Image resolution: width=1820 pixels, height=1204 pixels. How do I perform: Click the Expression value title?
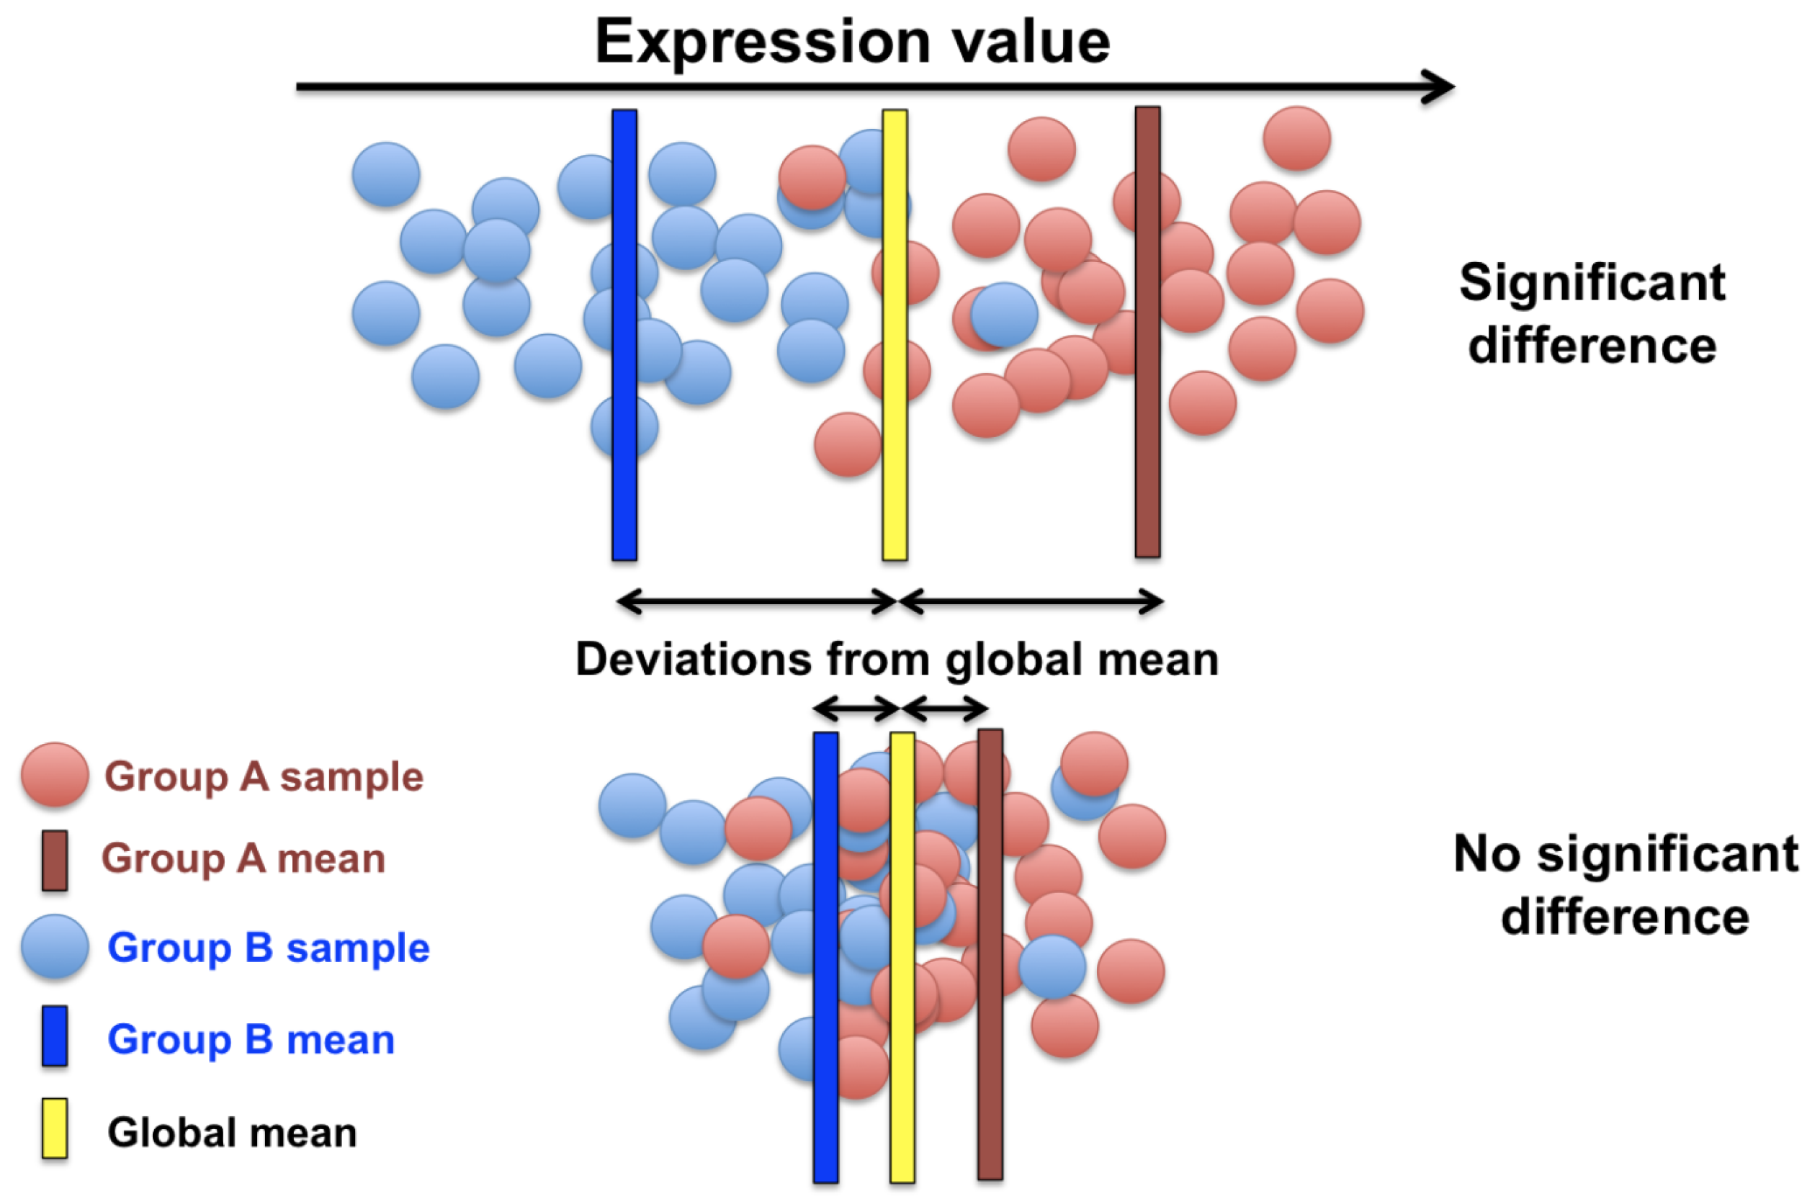pyautogui.click(x=853, y=42)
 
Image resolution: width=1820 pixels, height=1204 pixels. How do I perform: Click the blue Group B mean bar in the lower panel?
pyautogui.click(x=825, y=1136)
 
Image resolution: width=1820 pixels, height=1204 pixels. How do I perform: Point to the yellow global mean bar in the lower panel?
pyautogui.click(x=902, y=1136)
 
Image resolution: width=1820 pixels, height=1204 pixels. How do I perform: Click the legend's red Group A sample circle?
pyautogui.click(x=55, y=775)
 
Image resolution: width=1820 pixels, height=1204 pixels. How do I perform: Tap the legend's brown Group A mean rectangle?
pyautogui.click(x=55, y=860)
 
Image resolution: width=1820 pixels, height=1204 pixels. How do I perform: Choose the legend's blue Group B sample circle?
pyautogui.click(x=55, y=946)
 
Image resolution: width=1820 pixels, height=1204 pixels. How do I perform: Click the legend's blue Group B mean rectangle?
pyautogui.click(x=55, y=1035)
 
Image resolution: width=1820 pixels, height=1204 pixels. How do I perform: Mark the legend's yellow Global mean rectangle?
pyautogui.click(x=55, y=1128)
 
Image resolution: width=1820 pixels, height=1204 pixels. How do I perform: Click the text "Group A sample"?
pyautogui.click(x=264, y=776)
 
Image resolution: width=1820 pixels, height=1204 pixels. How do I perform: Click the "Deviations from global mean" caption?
pyautogui.click(x=896, y=659)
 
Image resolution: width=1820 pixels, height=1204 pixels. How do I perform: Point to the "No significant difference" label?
pyautogui.click(x=1625, y=884)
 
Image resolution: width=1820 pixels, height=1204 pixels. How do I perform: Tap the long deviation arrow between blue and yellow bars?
pyautogui.click(x=756, y=601)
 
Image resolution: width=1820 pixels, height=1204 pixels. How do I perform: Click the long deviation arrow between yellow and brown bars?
pyautogui.click(x=1031, y=601)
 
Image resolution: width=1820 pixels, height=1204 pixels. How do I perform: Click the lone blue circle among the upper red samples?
pyautogui.click(x=1005, y=314)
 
